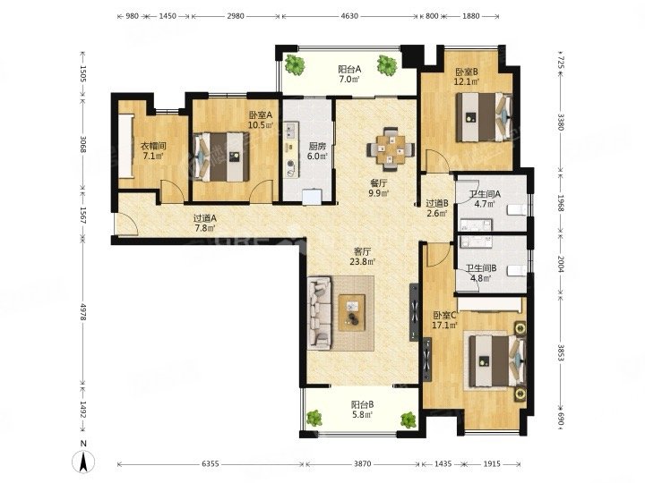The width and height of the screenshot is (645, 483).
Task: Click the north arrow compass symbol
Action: [83, 460]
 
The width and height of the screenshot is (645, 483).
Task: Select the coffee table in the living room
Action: [352, 312]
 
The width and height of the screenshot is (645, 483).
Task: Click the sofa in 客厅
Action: [320, 312]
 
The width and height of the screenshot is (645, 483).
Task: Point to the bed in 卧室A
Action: [222, 157]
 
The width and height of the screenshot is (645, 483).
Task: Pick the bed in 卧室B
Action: [484, 117]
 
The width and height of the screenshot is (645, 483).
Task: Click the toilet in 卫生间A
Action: [517, 209]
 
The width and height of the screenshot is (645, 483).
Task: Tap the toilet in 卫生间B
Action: [517, 271]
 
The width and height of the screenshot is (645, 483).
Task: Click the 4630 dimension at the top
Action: [349, 16]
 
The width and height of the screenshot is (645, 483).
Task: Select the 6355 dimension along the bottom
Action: [211, 464]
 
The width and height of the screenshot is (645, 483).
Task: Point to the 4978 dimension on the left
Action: [83, 312]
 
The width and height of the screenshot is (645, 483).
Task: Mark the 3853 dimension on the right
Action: [560, 352]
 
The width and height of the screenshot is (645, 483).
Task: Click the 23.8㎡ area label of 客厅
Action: [363, 261]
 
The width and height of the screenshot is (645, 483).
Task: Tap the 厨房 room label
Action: [317, 146]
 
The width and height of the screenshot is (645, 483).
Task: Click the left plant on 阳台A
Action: [295, 64]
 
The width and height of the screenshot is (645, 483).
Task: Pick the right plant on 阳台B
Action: [408, 419]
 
